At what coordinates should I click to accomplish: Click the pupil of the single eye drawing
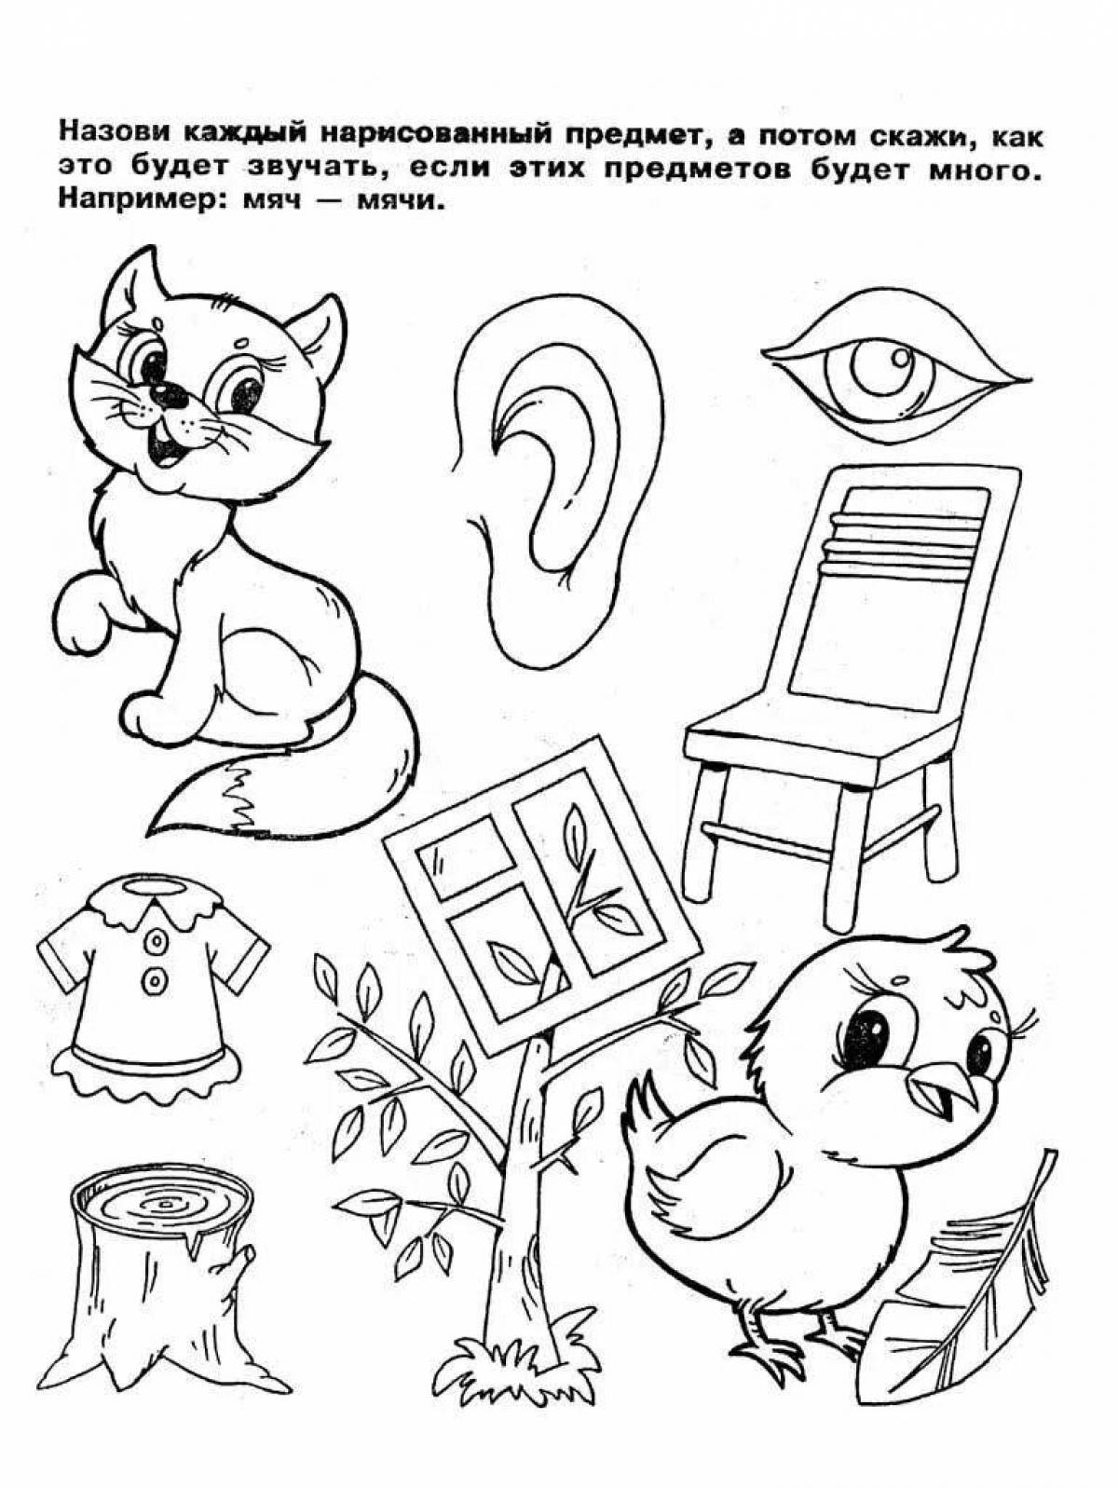click(900, 357)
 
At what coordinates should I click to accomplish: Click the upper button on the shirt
click(157, 939)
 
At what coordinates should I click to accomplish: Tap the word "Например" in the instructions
click(135, 200)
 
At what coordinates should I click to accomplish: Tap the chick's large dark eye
click(866, 1035)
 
